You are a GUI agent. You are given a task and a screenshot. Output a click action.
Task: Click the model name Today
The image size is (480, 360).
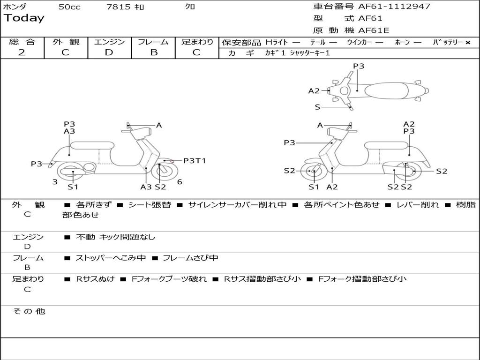coord(24,18)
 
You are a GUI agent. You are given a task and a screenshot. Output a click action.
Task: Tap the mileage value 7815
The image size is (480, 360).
coord(118,7)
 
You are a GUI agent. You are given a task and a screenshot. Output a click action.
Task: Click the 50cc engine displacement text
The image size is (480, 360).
coord(69,7)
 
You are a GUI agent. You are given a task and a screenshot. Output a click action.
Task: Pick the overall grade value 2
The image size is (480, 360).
coord(22,52)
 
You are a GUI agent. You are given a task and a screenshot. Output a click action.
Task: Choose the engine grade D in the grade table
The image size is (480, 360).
coord(109,52)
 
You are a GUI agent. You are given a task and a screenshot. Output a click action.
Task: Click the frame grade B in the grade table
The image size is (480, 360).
coord(153,52)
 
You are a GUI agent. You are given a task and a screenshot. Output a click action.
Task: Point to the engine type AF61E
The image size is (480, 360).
coord(374,31)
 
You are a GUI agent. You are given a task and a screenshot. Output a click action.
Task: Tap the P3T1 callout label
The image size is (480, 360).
coord(195,161)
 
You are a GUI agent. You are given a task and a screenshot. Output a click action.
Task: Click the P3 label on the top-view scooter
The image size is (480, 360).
coord(359,66)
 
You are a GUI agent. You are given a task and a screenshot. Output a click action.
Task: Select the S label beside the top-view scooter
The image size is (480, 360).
coord(317,107)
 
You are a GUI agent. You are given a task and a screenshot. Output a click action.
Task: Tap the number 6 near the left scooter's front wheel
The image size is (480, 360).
coord(180,182)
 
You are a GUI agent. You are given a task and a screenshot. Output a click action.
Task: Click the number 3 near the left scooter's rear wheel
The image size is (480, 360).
coord(55,182)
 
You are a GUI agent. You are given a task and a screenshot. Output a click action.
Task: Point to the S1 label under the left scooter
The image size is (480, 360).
coord(73,187)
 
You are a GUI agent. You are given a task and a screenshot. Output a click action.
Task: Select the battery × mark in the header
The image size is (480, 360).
coord(467,43)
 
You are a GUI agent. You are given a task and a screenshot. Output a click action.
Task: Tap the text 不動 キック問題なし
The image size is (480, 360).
coord(115,237)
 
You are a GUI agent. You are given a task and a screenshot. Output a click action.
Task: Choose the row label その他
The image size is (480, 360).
coord(29,311)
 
